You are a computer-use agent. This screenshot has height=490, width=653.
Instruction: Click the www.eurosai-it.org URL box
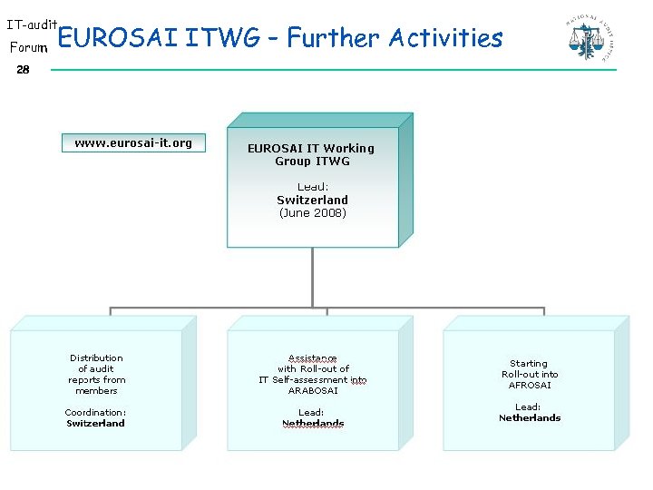coord(133,142)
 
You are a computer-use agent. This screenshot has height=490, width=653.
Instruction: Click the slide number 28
coord(23,70)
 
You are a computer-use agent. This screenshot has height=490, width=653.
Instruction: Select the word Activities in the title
coord(445,38)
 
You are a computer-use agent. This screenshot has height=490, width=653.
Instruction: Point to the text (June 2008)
coord(312,213)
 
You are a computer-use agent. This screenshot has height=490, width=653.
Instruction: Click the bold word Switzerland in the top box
coord(312,200)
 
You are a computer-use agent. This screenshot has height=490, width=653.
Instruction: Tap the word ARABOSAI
coord(313,391)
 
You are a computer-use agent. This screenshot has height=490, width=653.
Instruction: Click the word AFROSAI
coord(530,385)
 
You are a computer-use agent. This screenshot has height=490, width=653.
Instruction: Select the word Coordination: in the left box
coord(95,413)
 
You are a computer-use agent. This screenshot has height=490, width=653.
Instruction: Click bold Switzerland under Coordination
coord(95,424)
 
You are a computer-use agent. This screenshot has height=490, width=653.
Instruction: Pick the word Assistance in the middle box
coord(312,358)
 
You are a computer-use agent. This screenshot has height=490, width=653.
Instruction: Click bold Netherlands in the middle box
coord(313,424)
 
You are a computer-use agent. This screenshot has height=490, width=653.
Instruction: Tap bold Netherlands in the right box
coord(530,418)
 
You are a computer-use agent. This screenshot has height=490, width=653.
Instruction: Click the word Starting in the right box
coord(529,363)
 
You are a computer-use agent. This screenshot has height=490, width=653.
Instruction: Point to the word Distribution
coord(96,358)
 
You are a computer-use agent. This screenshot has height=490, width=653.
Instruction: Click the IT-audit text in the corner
coord(32,24)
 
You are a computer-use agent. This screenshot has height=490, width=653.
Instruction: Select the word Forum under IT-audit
coord(28,46)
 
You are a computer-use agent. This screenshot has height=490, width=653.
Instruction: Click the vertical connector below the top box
coord(312,277)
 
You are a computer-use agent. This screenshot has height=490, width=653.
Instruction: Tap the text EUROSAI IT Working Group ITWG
coord(311,154)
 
